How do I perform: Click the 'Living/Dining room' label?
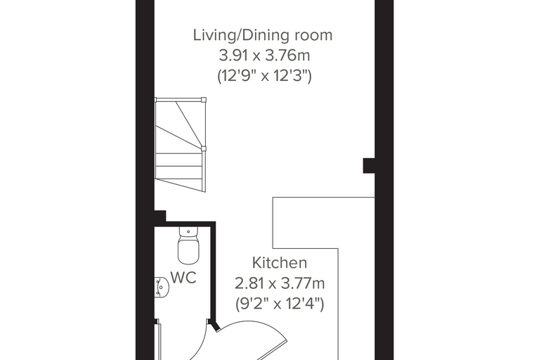click(x=263, y=35)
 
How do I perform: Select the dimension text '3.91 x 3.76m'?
click(x=264, y=56)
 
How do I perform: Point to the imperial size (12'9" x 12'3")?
click(x=264, y=76)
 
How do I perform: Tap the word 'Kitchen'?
click(x=280, y=263)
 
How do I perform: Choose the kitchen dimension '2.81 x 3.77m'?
click(x=280, y=283)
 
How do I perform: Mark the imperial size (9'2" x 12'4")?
click(x=280, y=304)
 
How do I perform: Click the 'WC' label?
click(x=183, y=278)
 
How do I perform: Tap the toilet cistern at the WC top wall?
click(x=188, y=231)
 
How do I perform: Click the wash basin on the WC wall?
click(x=162, y=287)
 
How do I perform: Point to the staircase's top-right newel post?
click(x=204, y=100)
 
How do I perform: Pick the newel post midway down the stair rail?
click(x=204, y=148)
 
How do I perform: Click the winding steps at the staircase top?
click(x=179, y=126)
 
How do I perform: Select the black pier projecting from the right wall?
click(x=369, y=165)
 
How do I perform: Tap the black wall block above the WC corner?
click(x=160, y=216)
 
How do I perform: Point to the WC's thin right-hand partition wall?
click(x=214, y=273)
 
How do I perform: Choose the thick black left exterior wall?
click(x=145, y=180)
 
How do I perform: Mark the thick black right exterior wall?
click(x=384, y=180)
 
